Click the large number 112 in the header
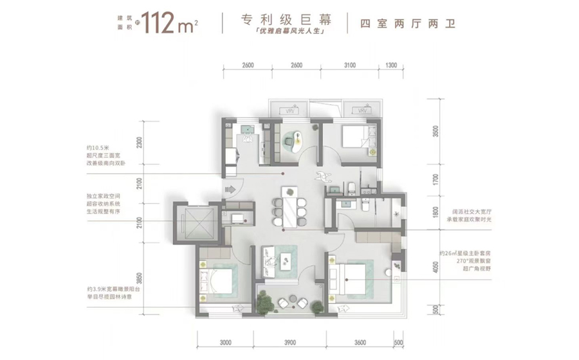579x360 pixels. (x=158, y=24)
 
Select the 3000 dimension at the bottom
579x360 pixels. (x=225, y=343)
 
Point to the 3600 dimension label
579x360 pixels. (x=360, y=343)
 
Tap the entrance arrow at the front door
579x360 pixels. (x=230, y=190)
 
